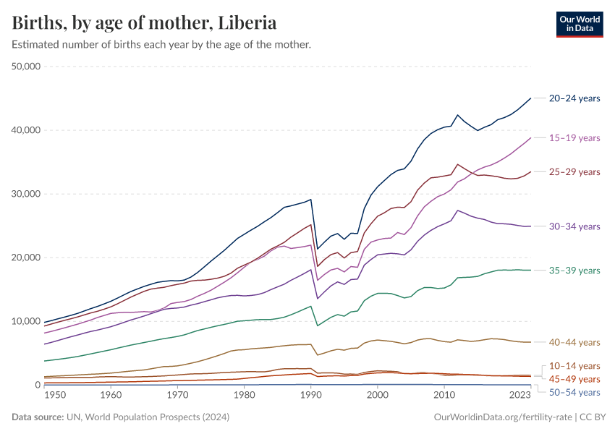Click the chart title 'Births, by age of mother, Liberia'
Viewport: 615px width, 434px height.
pos(145,23)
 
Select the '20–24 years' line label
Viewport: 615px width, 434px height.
pos(574,98)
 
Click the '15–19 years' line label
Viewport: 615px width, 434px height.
pos(574,137)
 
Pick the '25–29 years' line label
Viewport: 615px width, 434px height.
pos(574,171)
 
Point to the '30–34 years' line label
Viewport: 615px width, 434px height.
pos(574,226)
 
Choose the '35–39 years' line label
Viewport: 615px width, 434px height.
pos(574,271)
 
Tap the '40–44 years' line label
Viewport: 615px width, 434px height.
pos(574,342)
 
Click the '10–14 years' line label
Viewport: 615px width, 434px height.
pos(574,366)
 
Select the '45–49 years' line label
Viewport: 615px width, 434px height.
pos(574,379)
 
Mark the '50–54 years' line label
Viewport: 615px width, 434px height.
pos(574,392)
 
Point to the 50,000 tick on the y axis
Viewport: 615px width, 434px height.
pos(27,67)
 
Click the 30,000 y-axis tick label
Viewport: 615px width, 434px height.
pos(27,194)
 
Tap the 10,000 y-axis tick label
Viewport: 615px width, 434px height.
pos(27,321)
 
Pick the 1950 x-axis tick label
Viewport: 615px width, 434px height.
pos(55,396)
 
